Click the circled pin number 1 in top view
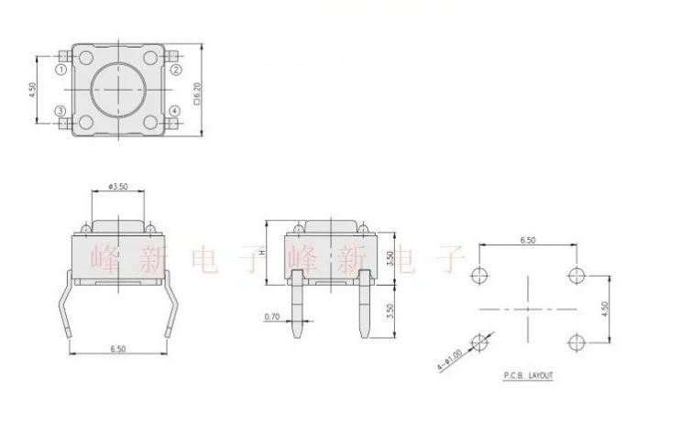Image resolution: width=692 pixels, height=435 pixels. pos(61,70)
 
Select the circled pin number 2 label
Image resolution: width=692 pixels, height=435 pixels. pos(177,70)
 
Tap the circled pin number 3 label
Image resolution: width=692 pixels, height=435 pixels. pos(60,112)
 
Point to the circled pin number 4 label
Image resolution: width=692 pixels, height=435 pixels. pos(177,112)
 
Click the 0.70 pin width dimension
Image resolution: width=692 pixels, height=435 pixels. pos(271,317)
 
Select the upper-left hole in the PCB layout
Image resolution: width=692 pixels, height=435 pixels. pos(481,276)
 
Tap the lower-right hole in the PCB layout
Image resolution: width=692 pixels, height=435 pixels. pos(577,342)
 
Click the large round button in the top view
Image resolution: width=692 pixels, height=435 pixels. pos(120,90)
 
